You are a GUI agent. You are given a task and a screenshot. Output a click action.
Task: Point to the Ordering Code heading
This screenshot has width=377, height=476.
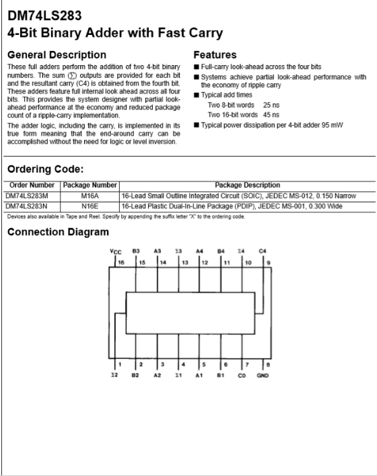45,169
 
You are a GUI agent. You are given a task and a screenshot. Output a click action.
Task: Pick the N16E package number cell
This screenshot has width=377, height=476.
90,206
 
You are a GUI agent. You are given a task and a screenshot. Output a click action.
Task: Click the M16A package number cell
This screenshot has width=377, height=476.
90,195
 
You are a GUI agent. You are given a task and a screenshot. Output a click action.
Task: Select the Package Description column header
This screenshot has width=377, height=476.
247,184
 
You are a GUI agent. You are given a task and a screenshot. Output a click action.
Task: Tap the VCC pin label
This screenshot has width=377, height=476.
116,250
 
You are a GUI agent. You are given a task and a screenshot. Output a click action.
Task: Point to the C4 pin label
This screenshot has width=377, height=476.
263,249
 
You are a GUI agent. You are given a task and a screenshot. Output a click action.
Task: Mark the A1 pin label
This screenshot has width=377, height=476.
199,376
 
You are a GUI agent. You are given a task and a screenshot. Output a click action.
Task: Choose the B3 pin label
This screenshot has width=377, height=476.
136,249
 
